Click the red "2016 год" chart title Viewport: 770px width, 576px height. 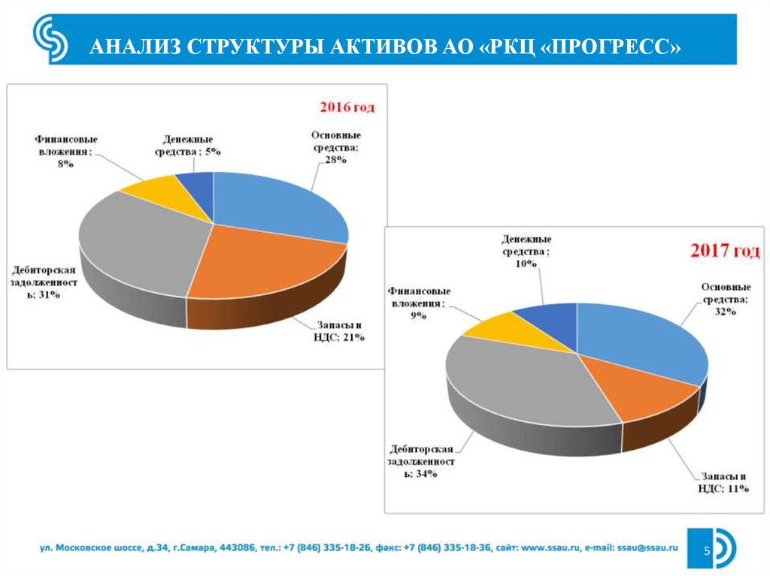click(x=347, y=107)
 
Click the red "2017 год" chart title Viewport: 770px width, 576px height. click(x=725, y=251)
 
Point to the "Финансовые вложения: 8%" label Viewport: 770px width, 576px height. click(x=67, y=151)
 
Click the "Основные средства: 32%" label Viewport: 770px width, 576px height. click(x=725, y=299)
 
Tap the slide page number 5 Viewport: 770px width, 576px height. click(x=707, y=552)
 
